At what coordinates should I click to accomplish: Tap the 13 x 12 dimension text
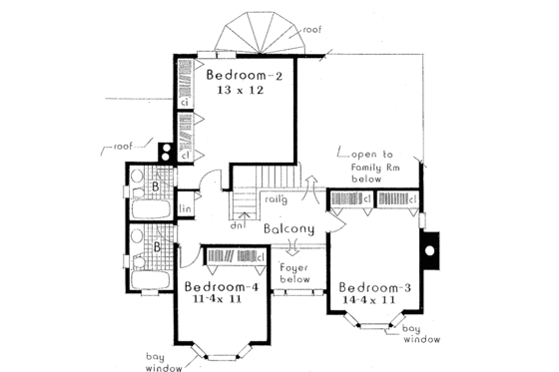pos(244,90)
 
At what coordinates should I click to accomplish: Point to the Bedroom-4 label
pos(222,288)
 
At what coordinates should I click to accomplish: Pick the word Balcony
pos(290,228)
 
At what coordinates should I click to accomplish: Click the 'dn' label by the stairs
pos(239,225)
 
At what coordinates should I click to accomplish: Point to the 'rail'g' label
pos(278,199)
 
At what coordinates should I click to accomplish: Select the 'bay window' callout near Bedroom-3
pos(417,332)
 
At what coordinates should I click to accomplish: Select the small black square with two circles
pos(166,153)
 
